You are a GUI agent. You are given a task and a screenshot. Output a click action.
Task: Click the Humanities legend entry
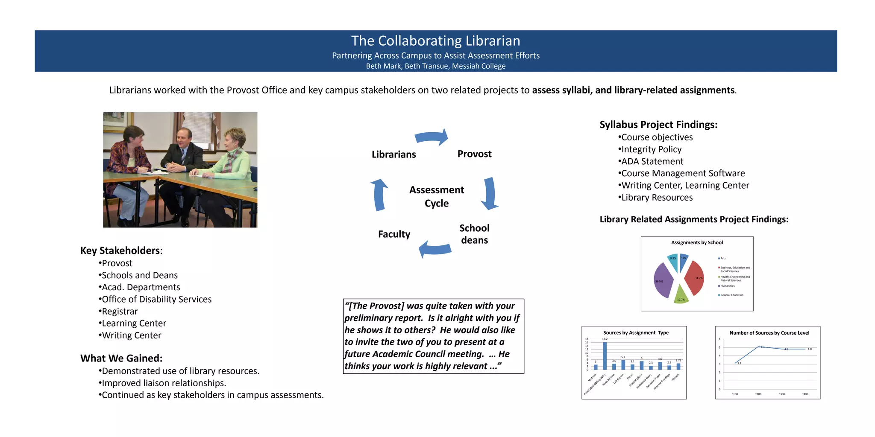727,286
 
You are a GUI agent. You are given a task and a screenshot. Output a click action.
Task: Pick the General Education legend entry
731,295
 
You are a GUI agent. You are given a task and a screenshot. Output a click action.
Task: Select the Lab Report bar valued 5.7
623,364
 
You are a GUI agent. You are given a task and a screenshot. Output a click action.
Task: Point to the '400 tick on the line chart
805,394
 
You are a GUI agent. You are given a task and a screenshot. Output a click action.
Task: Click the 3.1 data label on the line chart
739,363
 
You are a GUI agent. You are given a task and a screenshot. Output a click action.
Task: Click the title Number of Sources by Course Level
769,333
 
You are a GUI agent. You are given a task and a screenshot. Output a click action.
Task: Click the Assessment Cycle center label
436,196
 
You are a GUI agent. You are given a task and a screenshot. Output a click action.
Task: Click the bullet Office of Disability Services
156,299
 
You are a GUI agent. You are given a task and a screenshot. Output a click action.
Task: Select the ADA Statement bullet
652,161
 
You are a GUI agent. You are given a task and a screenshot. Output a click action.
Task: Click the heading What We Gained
121,358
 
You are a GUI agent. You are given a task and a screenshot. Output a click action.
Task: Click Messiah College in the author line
479,66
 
